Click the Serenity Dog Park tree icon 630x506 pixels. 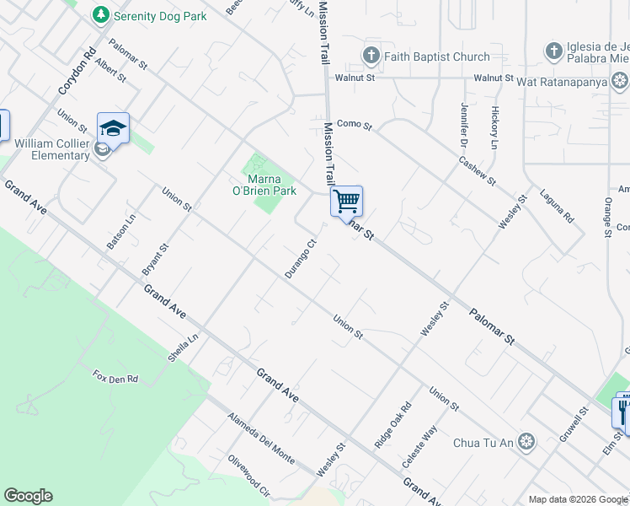click(101, 14)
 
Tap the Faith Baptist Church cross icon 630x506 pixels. click(371, 57)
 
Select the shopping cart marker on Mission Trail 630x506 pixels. click(346, 202)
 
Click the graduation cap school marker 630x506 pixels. click(113, 129)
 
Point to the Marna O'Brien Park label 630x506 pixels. click(271, 185)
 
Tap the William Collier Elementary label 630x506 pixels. click(51, 149)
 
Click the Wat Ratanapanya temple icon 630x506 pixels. click(620, 81)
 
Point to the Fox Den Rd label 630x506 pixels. click(115, 378)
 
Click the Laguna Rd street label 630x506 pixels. click(558, 205)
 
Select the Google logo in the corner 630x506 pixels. click(28, 496)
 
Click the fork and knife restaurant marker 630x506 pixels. click(622, 411)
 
